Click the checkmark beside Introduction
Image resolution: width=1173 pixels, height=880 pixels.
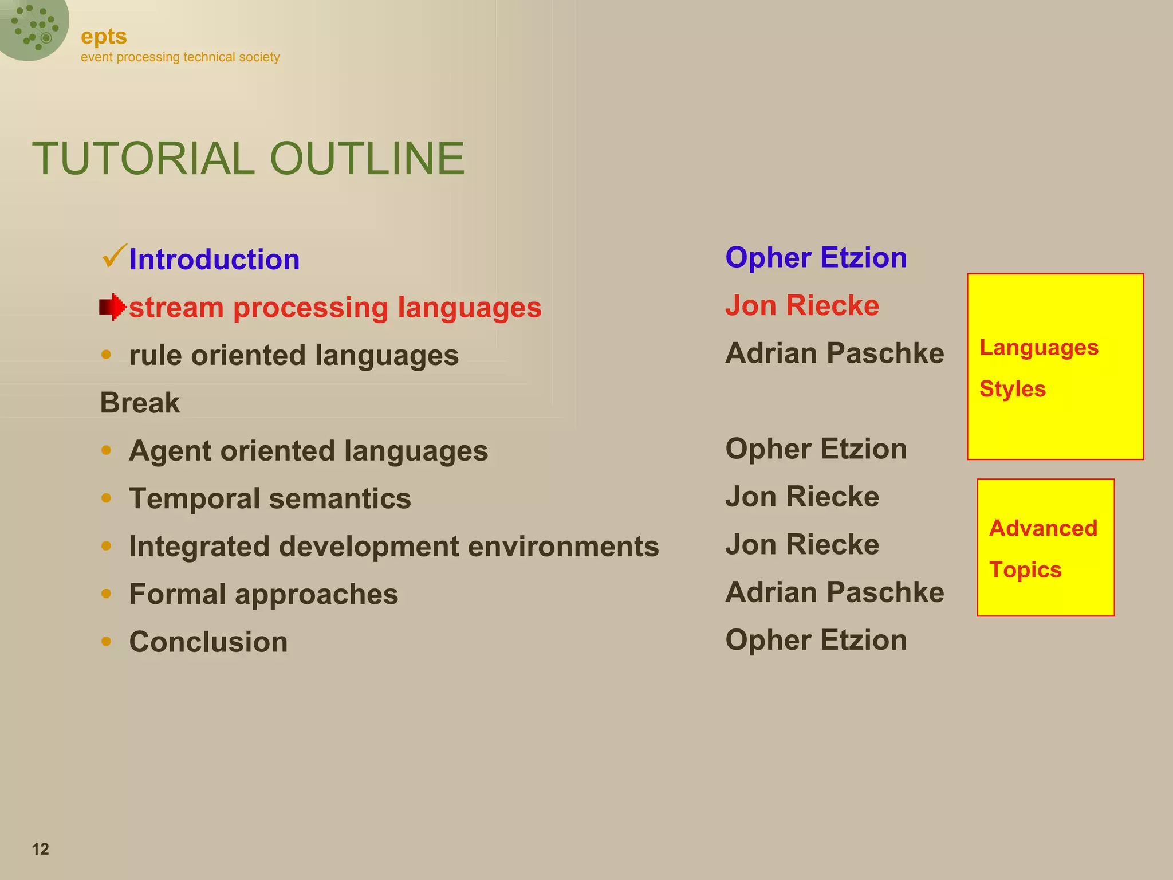click(x=113, y=256)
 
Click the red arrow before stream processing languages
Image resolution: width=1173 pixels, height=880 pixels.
click(x=112, y=307)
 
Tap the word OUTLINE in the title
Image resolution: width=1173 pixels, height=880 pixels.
click(x=367, y=158)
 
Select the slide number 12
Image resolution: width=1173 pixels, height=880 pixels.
click(x=40, y=849)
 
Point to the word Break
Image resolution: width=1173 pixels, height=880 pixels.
click(x=140, y=403)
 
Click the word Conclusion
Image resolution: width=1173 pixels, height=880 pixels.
click(x=208, y=642)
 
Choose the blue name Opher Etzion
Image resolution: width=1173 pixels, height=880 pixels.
click(x=816, y=257)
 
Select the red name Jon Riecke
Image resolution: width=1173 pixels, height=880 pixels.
click(x=802, y=305)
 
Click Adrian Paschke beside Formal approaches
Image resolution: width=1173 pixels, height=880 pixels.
click(x=835, y=592)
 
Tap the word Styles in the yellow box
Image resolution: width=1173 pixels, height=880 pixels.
click(x=1012, y=389)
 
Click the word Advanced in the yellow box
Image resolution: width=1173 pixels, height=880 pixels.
click(x=1043, y=528)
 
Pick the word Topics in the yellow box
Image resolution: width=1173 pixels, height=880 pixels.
click(x=1025, y=570)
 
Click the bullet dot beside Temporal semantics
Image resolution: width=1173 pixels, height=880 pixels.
click(x=106, y=498)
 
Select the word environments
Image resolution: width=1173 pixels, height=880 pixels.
click(x=563, y=547)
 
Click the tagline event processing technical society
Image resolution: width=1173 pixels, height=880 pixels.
click(x=180, y=57)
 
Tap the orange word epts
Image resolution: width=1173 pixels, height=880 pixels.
click(x=104, y=37)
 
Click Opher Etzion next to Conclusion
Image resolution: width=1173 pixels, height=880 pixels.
click(x=816, y=640)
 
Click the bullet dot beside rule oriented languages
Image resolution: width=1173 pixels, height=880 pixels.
click(x=106, y=355)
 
